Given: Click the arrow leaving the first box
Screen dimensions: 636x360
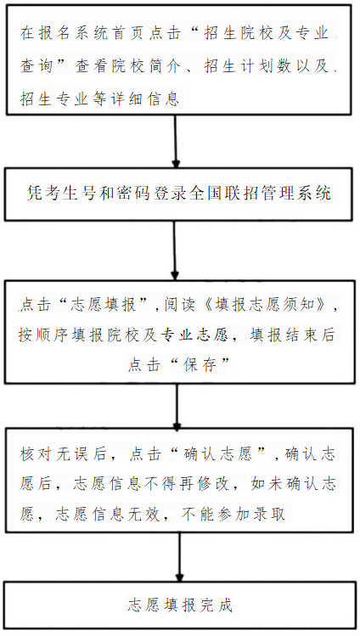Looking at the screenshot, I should click(x=176, y=141).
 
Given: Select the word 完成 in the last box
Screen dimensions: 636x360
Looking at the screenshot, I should click(x=216, y=606).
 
